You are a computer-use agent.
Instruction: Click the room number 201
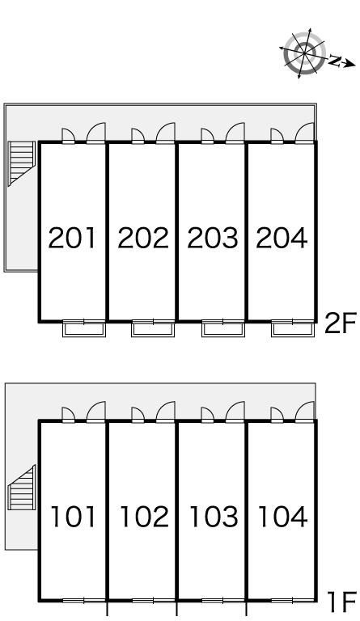72,238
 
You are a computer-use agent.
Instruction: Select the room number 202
143,238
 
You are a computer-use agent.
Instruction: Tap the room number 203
213,238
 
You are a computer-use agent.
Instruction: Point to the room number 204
282,238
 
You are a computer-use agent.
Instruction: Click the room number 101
74,517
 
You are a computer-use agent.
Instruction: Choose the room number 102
144,517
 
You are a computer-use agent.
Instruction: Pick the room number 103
214,517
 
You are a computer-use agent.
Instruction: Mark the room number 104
283,517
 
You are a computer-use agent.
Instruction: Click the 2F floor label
341,323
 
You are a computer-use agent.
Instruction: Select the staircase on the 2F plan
22,163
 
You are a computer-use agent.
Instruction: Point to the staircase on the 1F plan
22,487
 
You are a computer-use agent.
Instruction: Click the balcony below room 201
84,328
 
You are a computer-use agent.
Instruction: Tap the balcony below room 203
223,328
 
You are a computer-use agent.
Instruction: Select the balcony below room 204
293,328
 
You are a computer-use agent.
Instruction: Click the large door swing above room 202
166,133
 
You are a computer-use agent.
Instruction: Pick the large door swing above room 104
305,412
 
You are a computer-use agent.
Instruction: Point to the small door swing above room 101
69,415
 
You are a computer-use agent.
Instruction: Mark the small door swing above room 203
208,136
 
